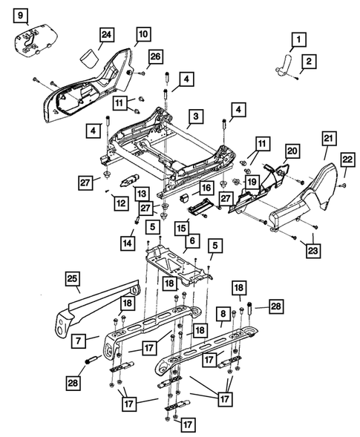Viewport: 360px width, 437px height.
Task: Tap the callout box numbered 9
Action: click(x=20, y=15)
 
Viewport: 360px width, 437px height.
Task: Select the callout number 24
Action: click(x=106, y=34)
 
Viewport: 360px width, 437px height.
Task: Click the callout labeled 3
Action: click(x=195, y=116)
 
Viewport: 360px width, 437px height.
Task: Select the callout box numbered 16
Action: click(x=206, y=188)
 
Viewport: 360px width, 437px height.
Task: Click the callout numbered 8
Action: click(x=223, y=315)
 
